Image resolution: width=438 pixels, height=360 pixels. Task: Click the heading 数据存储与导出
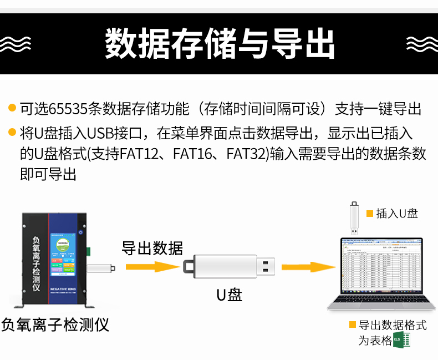[220, 43]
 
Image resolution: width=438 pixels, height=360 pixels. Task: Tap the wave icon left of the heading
[15, 43]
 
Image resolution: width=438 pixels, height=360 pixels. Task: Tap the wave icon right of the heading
[422, 43]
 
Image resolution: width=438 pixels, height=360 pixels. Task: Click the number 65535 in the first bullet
[68, 108]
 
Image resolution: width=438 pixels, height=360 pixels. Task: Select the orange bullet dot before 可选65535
[12, 108]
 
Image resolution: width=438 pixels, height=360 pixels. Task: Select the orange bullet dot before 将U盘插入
[12, 133]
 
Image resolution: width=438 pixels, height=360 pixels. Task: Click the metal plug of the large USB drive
[265, 267]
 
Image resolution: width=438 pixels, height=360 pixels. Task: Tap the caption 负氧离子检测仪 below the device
[55, 324]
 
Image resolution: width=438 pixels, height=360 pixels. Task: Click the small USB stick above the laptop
[353, 218]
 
